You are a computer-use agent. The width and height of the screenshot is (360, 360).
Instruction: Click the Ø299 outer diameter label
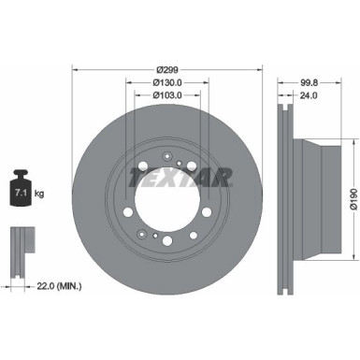[168, 70]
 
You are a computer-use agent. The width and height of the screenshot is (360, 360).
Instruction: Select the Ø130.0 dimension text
[169, 82]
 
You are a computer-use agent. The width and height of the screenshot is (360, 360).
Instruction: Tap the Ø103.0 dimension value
[169, 94]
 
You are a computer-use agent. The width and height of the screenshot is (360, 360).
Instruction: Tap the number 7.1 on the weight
[19, 194]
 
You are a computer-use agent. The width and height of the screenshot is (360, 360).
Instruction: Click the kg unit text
[40, 194]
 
